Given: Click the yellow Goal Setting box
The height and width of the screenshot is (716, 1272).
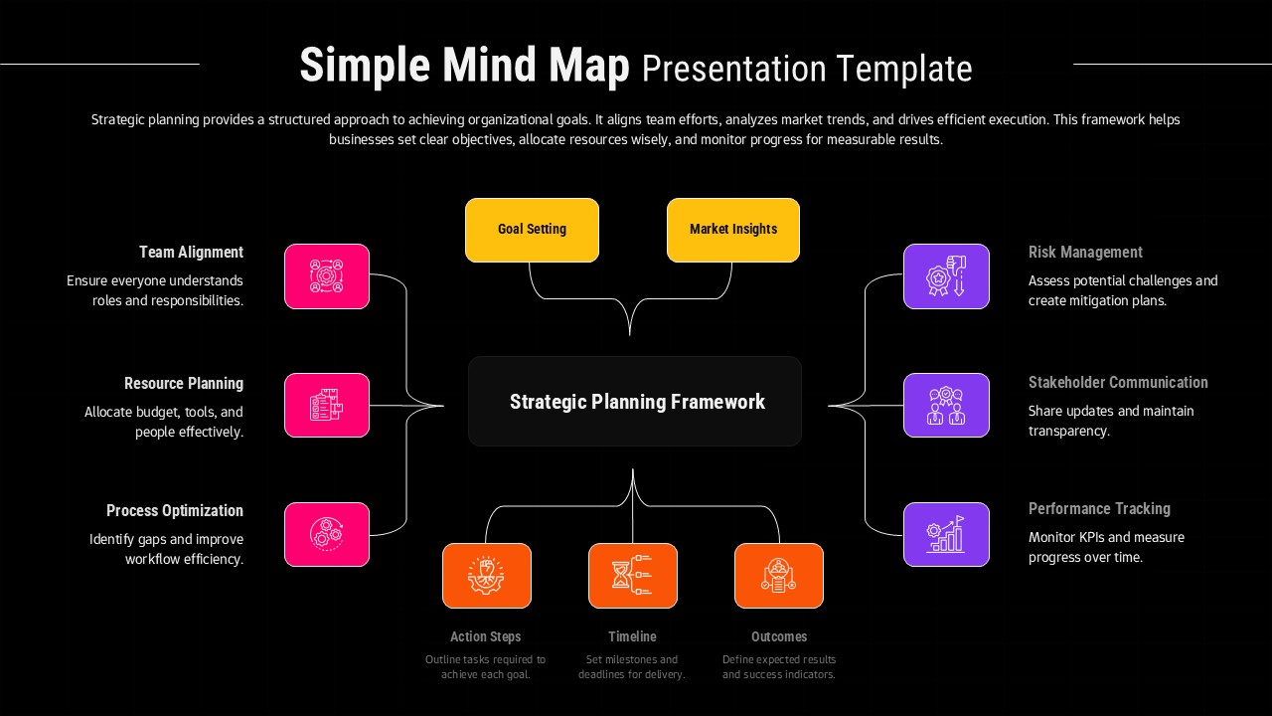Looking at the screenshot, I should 532,230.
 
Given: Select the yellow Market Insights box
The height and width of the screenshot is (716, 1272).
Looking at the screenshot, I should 733,230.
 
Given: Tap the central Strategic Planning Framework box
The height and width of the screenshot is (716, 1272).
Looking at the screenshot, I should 635,402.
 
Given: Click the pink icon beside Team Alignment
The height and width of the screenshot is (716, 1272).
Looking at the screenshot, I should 327,276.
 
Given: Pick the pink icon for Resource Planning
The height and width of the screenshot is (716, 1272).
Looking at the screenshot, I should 327,406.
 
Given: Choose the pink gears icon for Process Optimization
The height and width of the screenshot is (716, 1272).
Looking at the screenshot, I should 327,535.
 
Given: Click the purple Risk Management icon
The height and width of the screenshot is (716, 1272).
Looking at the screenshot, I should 946,276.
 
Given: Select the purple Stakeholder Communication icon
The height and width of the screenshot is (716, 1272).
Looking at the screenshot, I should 946,406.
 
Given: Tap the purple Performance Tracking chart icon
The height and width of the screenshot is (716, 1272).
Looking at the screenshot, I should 946,535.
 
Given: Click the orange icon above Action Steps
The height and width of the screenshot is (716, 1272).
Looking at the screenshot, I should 487,576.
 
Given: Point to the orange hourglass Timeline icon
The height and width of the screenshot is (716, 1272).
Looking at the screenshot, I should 633,576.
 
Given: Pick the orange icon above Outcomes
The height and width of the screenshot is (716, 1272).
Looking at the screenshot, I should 779,576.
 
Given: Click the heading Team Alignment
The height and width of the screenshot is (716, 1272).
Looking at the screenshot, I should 191,253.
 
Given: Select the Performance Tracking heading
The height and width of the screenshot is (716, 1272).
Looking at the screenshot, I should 1099,509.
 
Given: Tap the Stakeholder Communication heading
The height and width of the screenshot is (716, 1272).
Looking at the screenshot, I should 1118,383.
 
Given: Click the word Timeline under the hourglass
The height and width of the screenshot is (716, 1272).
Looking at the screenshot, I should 632,636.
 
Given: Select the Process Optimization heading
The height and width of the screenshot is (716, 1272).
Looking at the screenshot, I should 175,511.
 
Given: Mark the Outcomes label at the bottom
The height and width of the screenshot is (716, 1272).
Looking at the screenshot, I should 779,636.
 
